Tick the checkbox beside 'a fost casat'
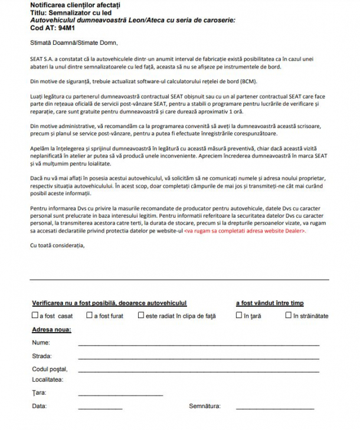click(35, 316)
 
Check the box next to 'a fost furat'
click(89, 316)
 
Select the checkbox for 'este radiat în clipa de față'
click(141, 316)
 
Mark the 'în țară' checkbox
click(239, 316)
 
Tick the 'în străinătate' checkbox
click(289, 316)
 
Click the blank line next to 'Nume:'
click(198, 344)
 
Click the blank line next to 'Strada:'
click(198, 357)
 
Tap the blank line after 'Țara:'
click(120, 394)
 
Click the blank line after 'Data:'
click(100, 408)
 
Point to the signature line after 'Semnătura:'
click(275, 408)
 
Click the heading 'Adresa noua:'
click(51, 329)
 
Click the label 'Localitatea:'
click(48, 379)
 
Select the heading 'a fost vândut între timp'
click(270, 303)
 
